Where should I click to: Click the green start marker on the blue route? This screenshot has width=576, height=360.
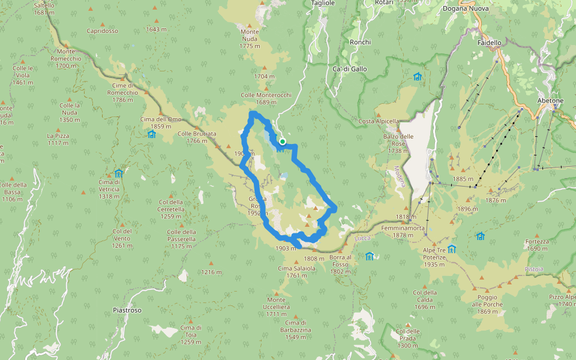click(x=282, y=142)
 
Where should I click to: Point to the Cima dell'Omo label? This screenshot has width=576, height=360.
click(x=161, y=119)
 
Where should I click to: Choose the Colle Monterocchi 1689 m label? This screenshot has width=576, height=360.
click(x=266, y=98)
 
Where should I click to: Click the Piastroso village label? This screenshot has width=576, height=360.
click(x=127, y=310)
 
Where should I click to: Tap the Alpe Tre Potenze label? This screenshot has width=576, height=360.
click(x=434, y=253)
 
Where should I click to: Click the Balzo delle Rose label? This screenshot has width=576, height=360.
click(x=399, y=140)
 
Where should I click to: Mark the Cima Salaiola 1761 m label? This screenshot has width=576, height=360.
click(x=297, y=272)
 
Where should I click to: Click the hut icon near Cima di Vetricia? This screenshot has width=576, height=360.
click(x=119, y=174)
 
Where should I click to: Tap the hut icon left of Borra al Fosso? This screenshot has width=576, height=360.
click(x=369, y=256)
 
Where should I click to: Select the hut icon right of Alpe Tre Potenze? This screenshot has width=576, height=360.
click(x=451, y=249)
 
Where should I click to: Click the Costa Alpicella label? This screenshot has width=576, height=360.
click(x=379, y=121)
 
